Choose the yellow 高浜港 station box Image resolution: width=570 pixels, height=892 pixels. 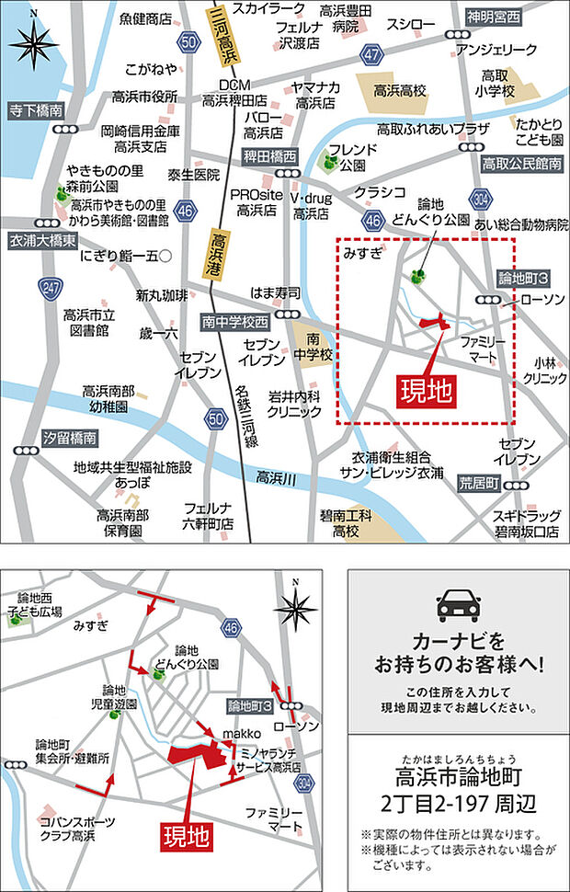218,253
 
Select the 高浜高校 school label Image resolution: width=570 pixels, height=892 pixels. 401,92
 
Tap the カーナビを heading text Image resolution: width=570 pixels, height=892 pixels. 458,639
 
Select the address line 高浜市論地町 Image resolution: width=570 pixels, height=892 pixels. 458,778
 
